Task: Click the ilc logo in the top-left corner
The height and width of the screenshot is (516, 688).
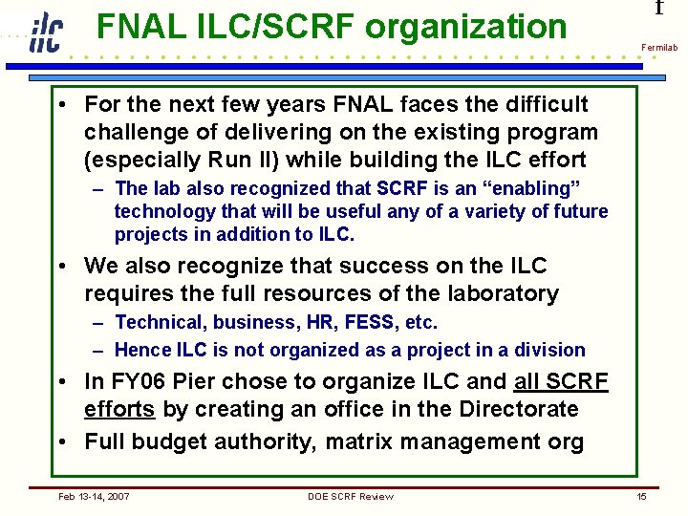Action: click(45, 32)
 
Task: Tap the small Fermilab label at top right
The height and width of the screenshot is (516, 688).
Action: click(659, 47)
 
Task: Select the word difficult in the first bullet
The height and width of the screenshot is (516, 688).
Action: click(544, 103)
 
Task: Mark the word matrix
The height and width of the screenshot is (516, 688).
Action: click(358, 441)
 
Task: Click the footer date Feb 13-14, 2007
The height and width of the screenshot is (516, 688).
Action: click(95, 496)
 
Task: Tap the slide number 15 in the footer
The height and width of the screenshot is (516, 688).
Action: click(642, 496)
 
